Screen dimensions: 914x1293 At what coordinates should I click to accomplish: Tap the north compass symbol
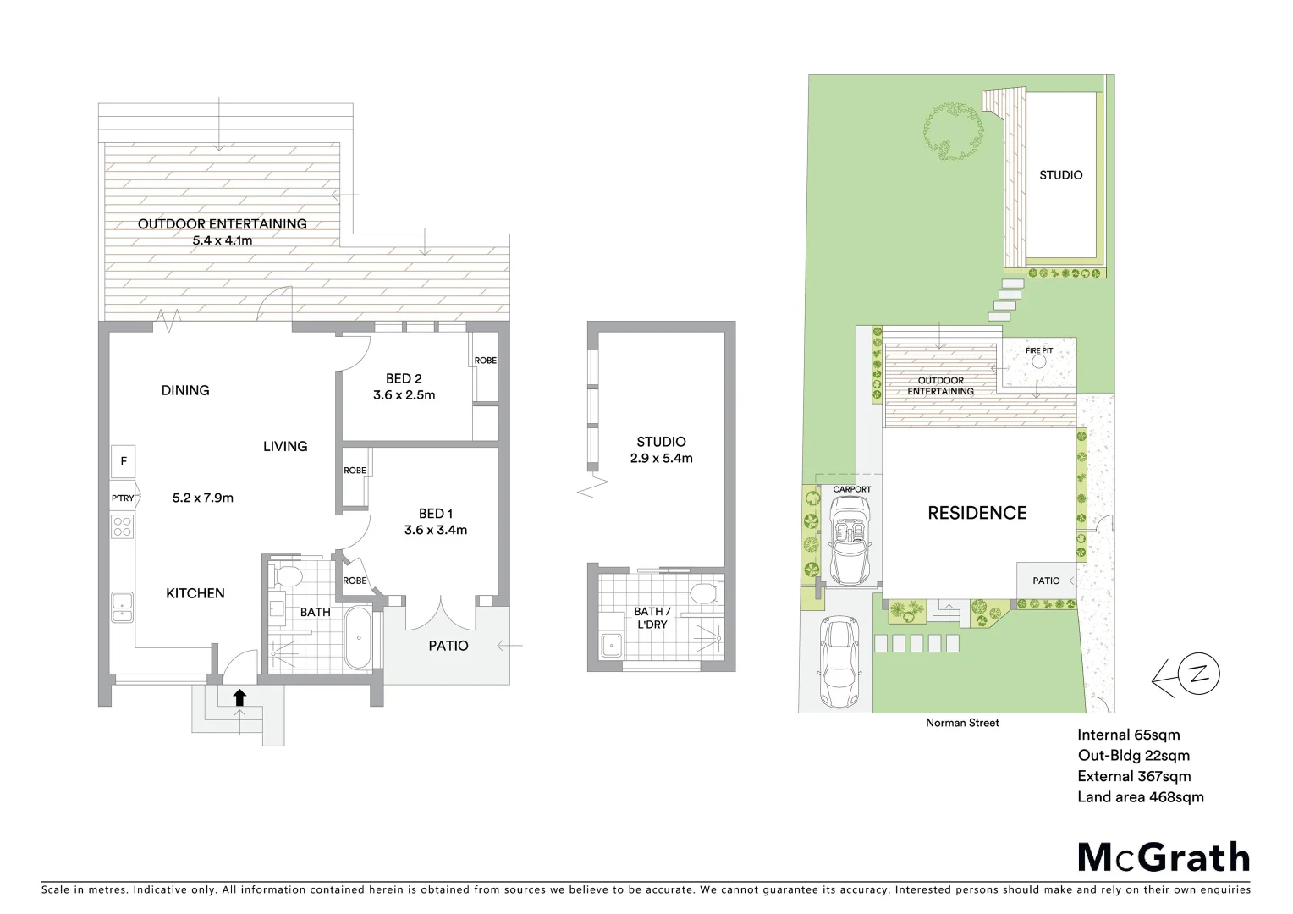(1198, 674)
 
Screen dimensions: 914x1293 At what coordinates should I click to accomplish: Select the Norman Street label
(962, 723)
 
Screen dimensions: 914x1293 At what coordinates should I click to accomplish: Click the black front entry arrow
(239, 697)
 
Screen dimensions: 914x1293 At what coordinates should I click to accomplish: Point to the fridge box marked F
(124, 461)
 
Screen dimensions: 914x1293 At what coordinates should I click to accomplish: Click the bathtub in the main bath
(356, 637)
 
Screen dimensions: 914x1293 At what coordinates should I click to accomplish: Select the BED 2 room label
(404, 378)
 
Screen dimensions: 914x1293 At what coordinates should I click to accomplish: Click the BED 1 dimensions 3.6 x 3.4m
(436, 531)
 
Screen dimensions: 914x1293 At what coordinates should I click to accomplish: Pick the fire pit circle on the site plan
(1038, 361)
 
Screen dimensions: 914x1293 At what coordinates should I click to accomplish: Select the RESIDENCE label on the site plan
(977, 513)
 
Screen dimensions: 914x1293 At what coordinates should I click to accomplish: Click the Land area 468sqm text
(1140, 796)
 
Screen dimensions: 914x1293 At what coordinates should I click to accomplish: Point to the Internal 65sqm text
(1128, 735)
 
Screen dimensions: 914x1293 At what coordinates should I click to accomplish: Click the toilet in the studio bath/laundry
(701, 592)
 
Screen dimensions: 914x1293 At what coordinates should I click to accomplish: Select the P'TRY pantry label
(123, 498)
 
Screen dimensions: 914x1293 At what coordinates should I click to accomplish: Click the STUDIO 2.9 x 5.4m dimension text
(661, 459)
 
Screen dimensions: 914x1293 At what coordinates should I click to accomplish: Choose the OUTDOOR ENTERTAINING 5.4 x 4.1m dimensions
(223, 240)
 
